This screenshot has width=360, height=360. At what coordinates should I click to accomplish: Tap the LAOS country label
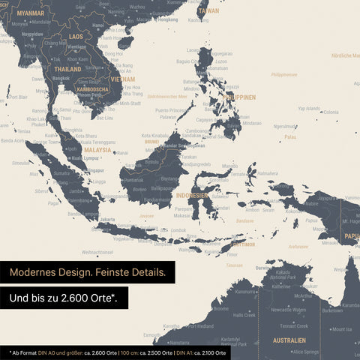click(76, 36)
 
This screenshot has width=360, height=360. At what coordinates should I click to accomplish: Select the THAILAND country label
click(67, 68)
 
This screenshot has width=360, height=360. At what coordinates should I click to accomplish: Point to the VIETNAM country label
click(122, 79)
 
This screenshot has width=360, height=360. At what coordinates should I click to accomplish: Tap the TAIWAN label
click(208, 11)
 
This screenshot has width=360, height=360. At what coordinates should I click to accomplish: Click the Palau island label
click(290, 137)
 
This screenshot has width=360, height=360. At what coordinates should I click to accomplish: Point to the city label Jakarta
click(108, 220)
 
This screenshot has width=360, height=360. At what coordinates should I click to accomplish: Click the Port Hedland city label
click(199, 326)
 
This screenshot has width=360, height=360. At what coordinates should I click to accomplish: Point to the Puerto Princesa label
click(172, 110)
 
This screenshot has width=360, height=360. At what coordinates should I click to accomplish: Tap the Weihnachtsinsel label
click(97, 252)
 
